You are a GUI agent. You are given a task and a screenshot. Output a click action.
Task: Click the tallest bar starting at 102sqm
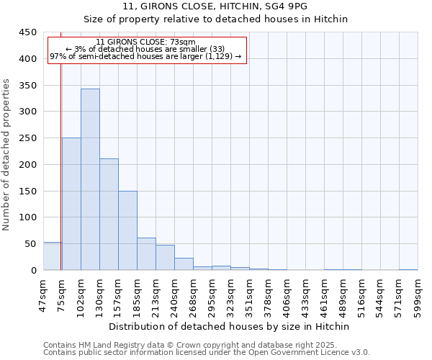[90, 180]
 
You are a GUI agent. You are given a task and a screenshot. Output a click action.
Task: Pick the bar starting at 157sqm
[127, 230]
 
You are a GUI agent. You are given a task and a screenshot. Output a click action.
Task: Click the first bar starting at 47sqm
[52, 256]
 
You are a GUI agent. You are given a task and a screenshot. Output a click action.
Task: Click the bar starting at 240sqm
[184, 264]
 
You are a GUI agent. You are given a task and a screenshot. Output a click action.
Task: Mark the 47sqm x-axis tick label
[43, 294]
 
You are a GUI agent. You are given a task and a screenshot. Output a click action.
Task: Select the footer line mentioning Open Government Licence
[207, 353]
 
